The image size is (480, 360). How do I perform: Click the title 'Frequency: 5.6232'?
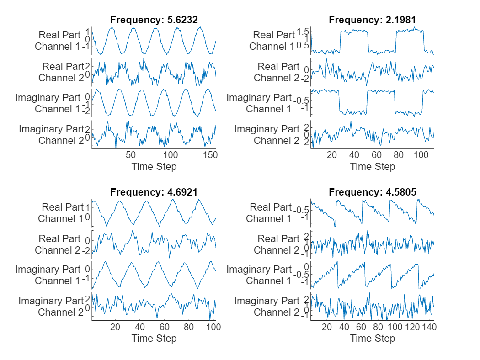click(154, 20)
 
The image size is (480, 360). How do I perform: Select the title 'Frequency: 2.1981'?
click(373, 20)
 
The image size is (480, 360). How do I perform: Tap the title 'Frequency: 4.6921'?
click(154, 192)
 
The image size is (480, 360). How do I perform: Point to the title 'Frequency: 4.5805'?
click(373, 192)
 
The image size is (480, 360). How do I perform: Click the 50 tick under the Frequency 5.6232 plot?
click(131, 155)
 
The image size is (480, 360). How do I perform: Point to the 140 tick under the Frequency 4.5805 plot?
click(429, 328)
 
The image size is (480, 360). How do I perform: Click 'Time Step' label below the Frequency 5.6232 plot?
click(154, 167)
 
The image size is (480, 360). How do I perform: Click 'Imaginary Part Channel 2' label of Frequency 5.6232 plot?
click(52, 135)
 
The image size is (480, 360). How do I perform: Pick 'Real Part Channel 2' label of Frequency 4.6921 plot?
click(59, 244)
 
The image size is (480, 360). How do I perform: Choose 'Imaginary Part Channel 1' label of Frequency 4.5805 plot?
click(259, 275)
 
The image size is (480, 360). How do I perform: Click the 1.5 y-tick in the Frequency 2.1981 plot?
click(303, 32)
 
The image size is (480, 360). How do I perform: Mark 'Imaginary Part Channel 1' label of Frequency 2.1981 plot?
click(259, 103)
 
